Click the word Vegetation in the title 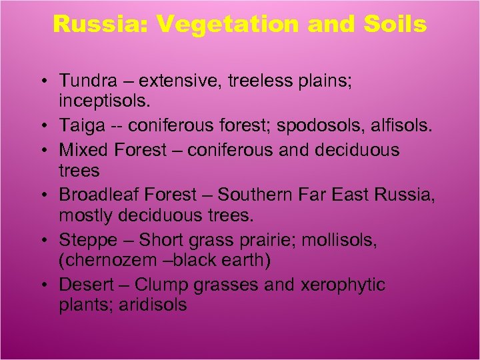[x=229, y=25]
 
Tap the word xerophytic [x=343, y=285]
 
